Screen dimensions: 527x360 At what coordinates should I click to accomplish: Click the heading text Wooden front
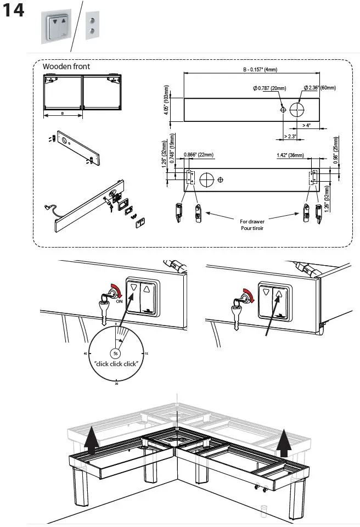[66, 66]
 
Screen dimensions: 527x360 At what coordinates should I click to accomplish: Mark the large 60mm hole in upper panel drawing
[296, 110]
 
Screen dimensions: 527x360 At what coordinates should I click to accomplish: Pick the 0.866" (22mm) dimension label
[199, 155]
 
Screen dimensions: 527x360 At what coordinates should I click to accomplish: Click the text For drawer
[252, 222]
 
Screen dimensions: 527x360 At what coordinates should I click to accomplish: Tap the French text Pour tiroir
[252, 228]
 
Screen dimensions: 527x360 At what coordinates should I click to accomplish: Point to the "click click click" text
[116, 363]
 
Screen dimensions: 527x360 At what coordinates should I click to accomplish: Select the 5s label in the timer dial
[116, 353]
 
